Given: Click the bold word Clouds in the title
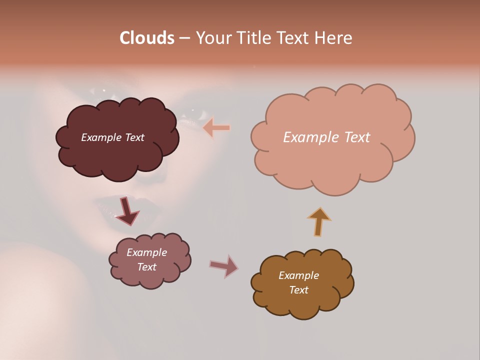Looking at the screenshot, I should [x=146, y=38].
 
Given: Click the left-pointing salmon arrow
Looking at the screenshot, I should [x=216, y=128].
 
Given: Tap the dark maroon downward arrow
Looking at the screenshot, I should [x=127, y=211].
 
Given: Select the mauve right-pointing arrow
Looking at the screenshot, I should [x=224, y=266].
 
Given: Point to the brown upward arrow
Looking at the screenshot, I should [x=319, y=221].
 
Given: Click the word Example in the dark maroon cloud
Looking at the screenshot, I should [x=101, y=137].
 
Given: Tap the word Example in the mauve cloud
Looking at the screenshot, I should [x=146, y=253].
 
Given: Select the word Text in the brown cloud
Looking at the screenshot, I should [x=298, y=290].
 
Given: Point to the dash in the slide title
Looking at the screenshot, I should [x=184, y=38].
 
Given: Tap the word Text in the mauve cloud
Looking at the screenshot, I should [x=146, y=267].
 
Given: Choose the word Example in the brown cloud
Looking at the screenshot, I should [x=298, y=275].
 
